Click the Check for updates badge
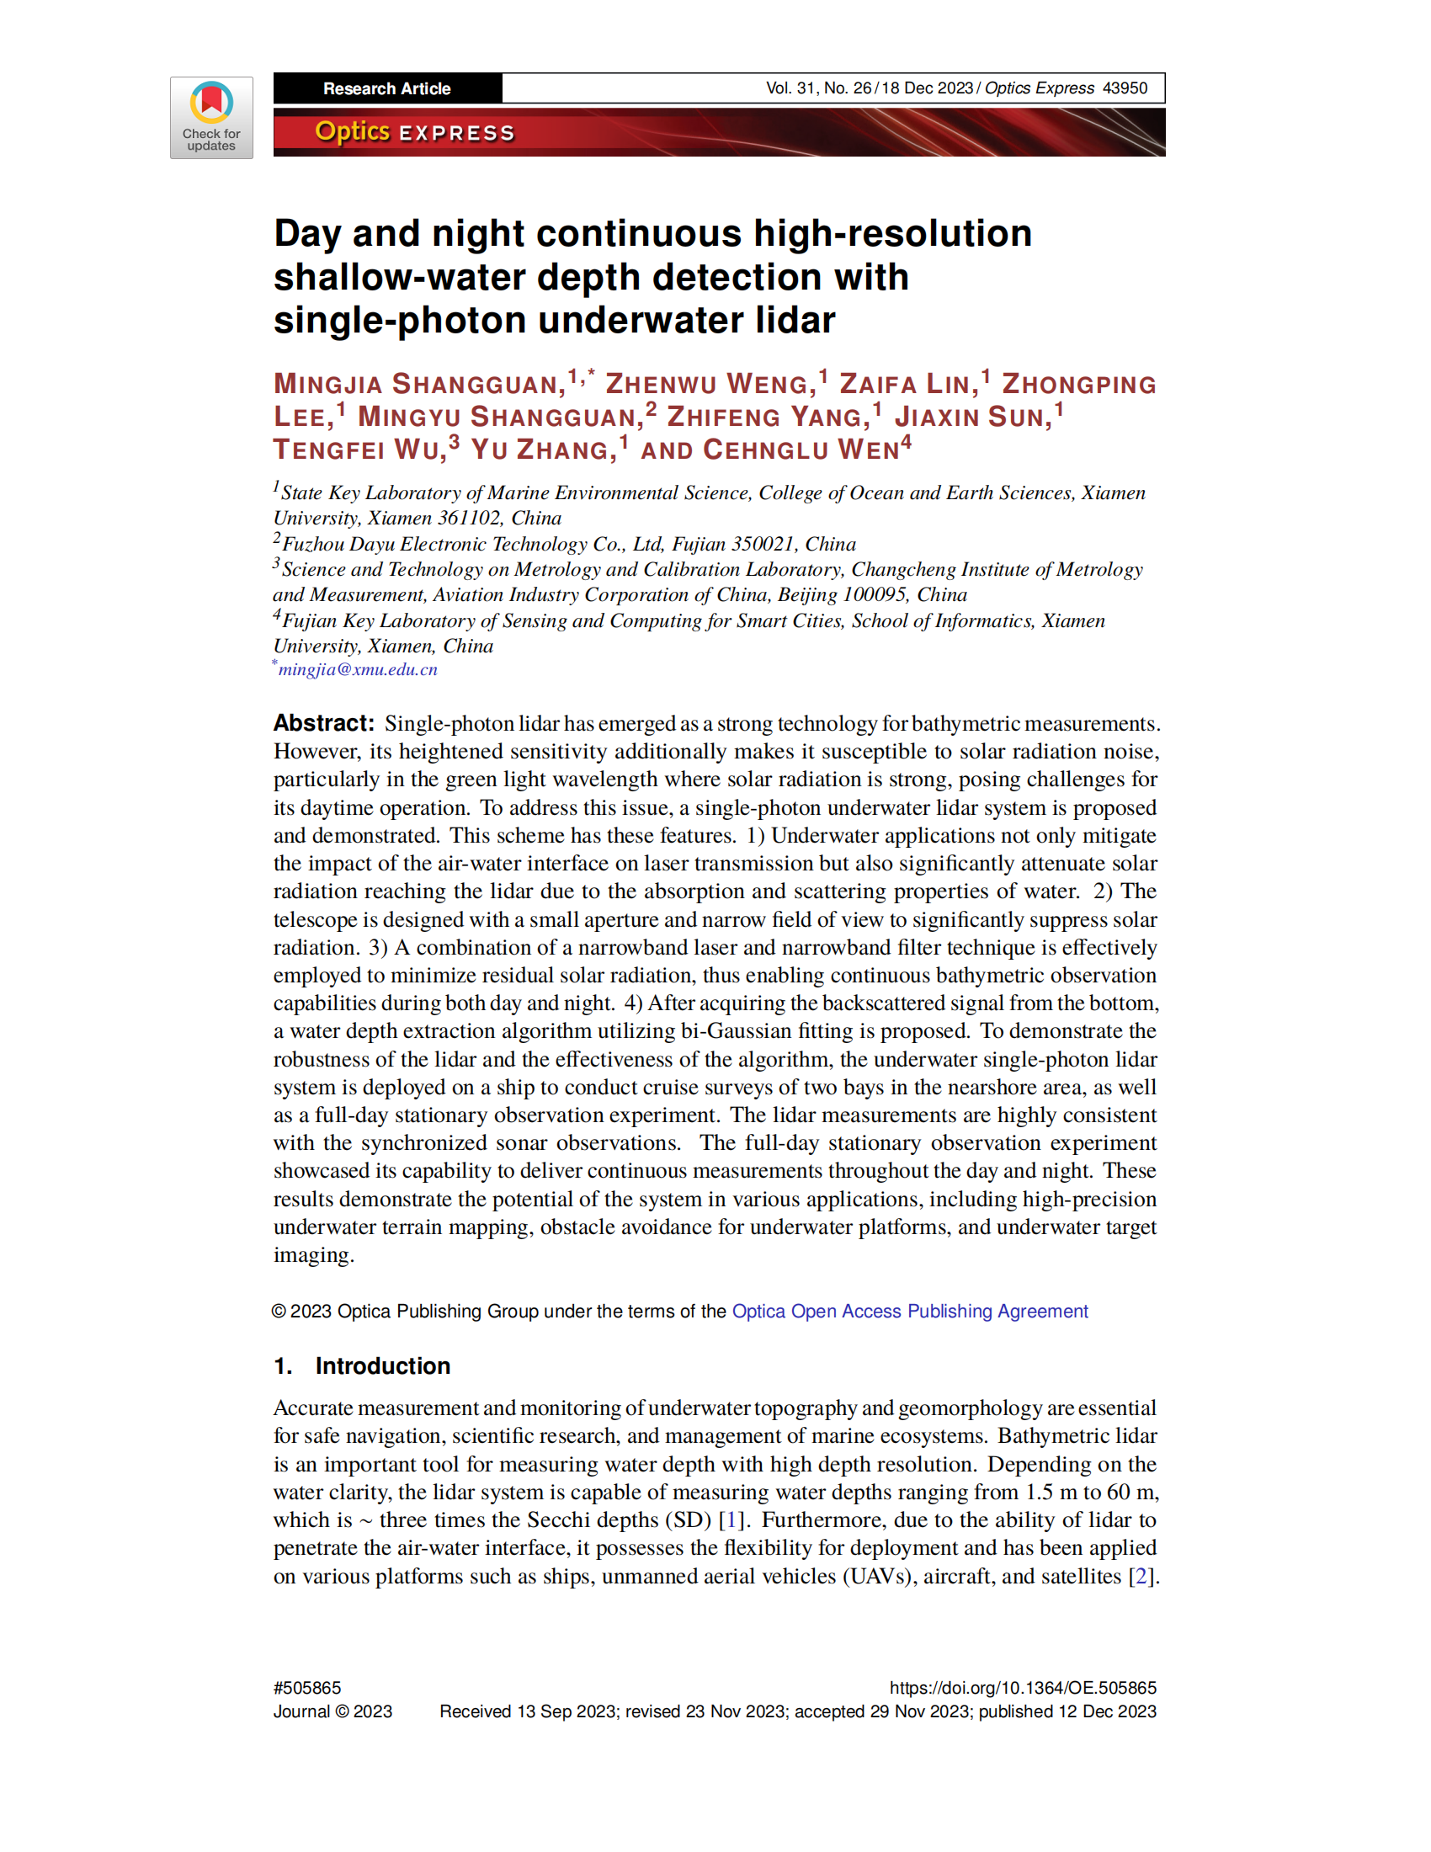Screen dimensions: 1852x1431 pyautogui.click(x=211, y=117)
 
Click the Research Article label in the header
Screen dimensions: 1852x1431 pyautogui.click(x=386, y=88)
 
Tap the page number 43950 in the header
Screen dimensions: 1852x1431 pyautogui.click(x=1124, y=88)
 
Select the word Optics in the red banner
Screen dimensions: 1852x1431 pyautogui.click(x=352, y=131)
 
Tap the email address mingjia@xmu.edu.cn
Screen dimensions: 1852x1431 pyautogui.click(x=358, y=669)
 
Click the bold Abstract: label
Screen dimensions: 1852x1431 pyautogui.click(x=323, y=722)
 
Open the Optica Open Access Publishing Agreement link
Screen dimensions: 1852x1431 pyautogui.click(x=910, y=1311)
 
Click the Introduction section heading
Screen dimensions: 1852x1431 pyautogui.click(x=382, y=1366)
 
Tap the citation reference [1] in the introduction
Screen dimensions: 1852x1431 pyautogui.click(x=730, y=1519)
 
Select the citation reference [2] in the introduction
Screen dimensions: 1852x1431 pyautogui.click(x=1141, y=1576)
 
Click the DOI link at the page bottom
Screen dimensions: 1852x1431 pyautogui.click(x=1023, y=1688)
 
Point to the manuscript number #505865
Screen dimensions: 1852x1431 pyautogui.click(x=307, y=1688)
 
